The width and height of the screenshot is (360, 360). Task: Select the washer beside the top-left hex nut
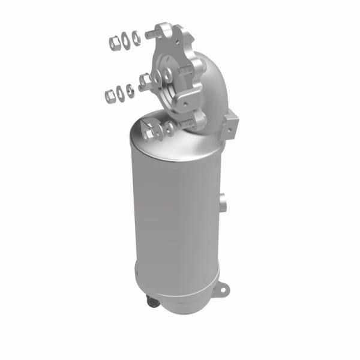pos(125,41)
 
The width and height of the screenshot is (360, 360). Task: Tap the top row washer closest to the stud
pos(136,38)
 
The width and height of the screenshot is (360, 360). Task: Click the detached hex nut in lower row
pos(109,95)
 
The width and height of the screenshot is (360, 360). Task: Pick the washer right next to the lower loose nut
pos(120,92)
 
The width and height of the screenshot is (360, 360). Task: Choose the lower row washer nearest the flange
pos(130,90)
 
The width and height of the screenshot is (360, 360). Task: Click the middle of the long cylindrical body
pos(174,222)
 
